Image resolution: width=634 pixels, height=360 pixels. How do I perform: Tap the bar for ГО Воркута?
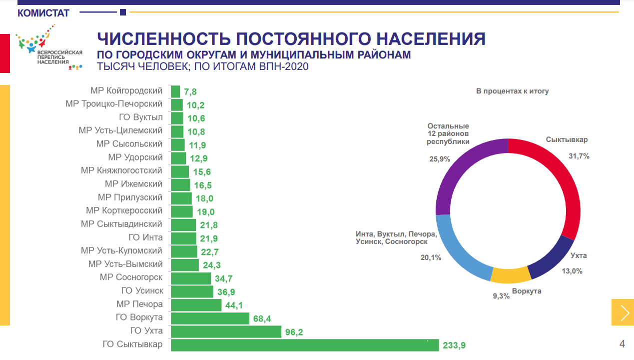210,318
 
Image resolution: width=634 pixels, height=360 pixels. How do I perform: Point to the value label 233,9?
455,345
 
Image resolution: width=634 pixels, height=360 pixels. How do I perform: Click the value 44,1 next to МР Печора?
234,305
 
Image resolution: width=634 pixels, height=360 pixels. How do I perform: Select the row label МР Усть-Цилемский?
120,130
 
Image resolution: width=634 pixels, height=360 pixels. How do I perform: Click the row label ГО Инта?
146,237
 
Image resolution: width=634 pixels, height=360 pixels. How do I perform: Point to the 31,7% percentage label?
579,156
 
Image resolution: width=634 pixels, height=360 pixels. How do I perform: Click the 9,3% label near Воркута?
501,296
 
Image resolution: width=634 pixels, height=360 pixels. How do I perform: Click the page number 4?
622,344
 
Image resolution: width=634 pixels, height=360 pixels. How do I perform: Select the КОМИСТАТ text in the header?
43,13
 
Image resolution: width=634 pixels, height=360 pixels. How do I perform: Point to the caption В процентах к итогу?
512,91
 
